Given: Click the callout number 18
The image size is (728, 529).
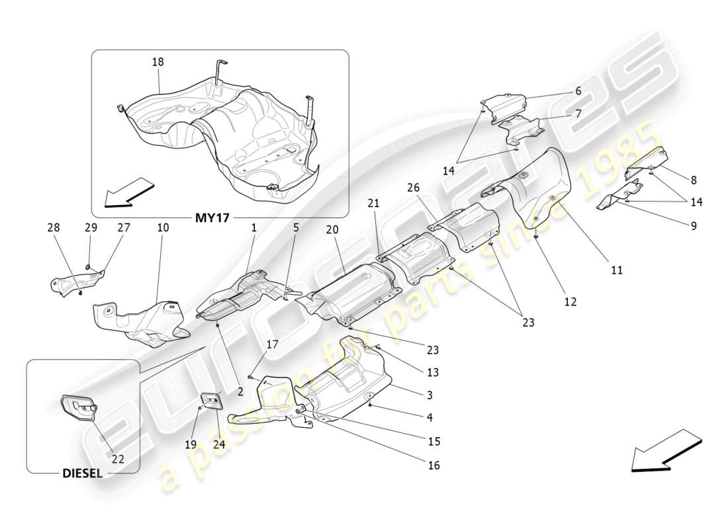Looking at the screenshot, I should pos(158,61).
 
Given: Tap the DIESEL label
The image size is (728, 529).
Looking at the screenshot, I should pos(82,473).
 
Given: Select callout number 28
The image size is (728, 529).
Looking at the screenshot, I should pos(53,227).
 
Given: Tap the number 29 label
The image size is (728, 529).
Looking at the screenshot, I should pos(91,227).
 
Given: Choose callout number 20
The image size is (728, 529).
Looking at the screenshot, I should pos(332,229).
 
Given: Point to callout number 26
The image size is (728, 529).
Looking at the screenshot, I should pos(414,187).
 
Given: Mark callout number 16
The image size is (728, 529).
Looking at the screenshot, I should pos(433,466).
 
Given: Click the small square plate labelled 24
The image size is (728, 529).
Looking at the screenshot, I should pos(212,401).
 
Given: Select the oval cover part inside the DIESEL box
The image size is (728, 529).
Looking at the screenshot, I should pos(78,407).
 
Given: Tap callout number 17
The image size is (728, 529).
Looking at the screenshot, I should pos(273,344).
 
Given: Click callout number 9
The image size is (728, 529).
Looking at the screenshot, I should pos(694,225).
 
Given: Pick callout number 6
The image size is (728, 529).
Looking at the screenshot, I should pos(578,91).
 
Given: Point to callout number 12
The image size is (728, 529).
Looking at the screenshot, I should pos(570,302).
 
